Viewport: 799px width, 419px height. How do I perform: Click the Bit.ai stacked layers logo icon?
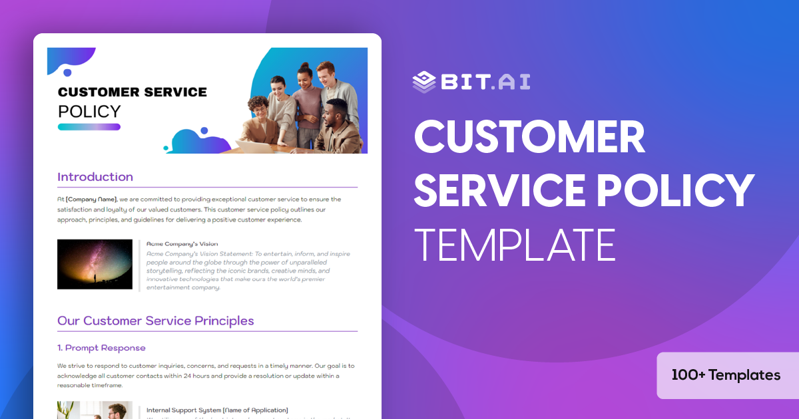tap(423, 81)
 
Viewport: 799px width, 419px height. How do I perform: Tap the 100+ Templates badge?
tap(726, 375)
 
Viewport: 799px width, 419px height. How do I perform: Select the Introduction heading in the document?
tap(95, 177)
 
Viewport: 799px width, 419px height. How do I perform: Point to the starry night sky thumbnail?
tap(95, 264)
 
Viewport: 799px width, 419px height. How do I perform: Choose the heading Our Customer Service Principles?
tap(156, 321)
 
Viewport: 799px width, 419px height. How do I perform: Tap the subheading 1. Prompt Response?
tap(101, 348)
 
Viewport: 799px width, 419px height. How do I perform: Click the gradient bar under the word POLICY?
tap(89, 126)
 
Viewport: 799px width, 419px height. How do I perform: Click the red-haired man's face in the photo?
tap(326, 72)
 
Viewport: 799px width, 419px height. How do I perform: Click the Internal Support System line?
tap(217, 410)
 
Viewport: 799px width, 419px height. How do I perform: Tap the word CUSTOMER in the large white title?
tap(529, 138)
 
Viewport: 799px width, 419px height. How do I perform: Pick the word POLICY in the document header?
tap(89, 111)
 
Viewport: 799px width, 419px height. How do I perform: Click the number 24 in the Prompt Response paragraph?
tap(187, 376)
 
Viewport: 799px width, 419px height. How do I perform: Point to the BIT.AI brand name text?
tap(485, 81)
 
